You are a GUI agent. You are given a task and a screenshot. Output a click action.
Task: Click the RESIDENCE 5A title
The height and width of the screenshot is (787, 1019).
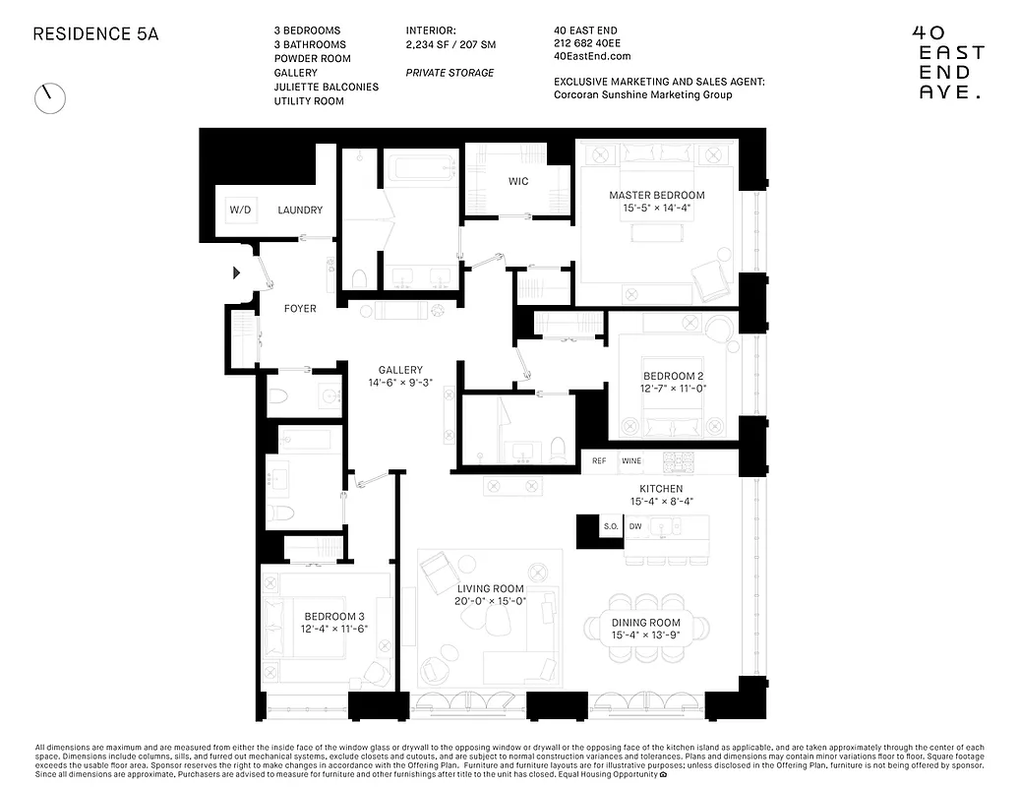pos(95,33)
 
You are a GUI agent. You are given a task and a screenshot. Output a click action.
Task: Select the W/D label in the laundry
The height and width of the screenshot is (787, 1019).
pos(240,211)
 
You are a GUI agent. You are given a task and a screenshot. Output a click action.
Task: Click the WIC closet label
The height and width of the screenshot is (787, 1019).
pos(518,181)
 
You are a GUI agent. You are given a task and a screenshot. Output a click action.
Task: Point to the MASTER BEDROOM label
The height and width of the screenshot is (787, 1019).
pos(656,195)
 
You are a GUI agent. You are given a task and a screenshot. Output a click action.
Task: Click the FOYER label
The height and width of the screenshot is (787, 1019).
pos(300,309)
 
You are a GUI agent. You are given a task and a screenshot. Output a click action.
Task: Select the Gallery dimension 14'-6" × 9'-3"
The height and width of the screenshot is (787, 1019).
pos(400,383)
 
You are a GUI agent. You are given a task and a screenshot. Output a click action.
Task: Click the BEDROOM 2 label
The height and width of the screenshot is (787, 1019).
pos(674,376)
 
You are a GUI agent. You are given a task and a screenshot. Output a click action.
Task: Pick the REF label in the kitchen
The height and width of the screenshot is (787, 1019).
pos(599,460)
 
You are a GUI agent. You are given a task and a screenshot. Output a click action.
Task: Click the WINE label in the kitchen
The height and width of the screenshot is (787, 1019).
pos(630,460)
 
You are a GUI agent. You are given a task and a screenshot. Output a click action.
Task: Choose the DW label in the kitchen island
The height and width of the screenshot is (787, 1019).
pos(635,527)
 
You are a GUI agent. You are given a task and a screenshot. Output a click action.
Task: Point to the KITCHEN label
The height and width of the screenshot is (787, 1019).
pos(660,488)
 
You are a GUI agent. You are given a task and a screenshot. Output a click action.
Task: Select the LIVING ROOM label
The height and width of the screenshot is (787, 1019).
pos(490,588)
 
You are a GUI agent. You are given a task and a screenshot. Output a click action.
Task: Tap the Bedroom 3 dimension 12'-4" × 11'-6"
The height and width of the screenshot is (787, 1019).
pos(334,629)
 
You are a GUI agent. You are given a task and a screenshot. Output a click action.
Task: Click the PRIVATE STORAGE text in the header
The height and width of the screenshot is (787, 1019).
pos(450,73)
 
